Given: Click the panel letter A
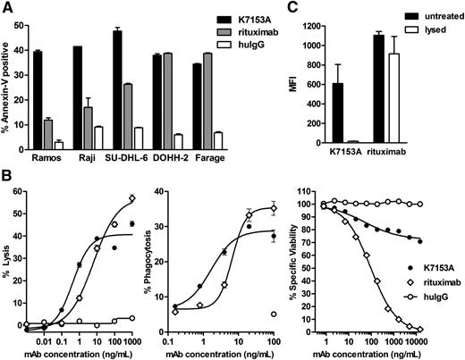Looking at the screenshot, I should [x=7, y=7].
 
